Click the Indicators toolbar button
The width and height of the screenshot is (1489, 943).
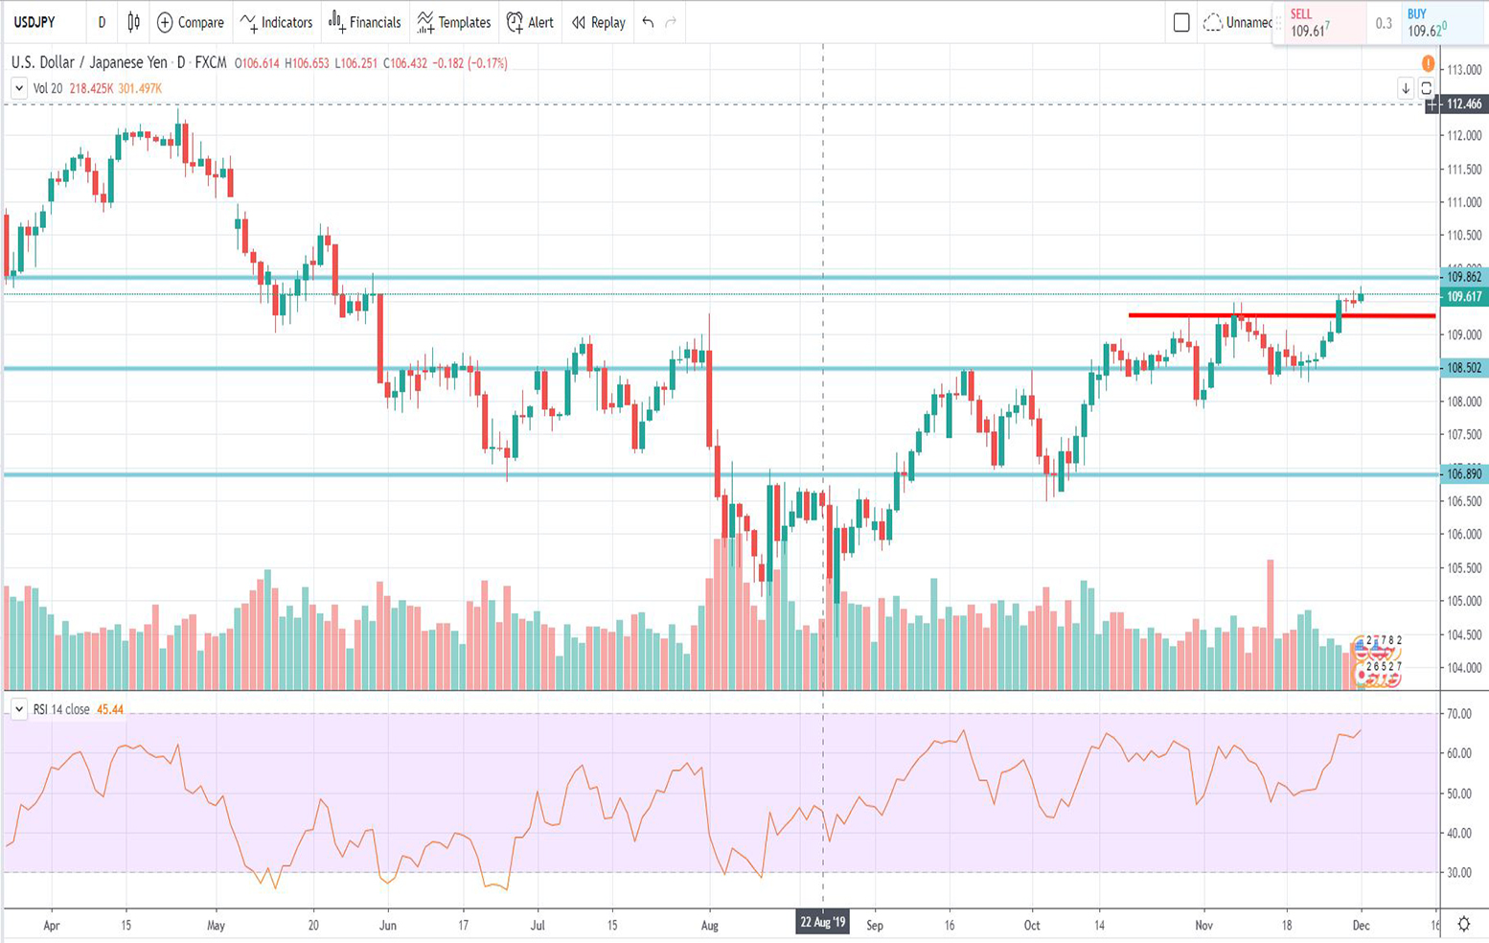tap(276, 22)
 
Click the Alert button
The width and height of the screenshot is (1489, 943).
tap(530, 22)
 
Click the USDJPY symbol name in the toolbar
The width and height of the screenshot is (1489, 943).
tap(34, 22)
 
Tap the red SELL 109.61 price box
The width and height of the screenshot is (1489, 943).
tap(1318, 23)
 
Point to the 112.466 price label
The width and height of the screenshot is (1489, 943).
tap(1464, 103)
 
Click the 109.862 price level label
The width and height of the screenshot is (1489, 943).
tap(1463, 277)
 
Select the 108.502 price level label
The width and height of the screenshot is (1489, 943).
tap(1463, 368)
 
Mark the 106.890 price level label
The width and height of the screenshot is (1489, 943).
tap(1463, 474)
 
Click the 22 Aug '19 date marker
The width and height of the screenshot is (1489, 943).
tap(823, 923)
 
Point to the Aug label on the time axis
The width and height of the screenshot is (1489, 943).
tap(710, 926)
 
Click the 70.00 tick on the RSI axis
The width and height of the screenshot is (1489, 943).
tap(1459, 714)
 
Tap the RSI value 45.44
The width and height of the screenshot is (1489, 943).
tap(110, 710)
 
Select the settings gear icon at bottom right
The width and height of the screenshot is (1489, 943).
tap(1464, 924)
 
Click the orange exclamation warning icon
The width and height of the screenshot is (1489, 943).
tap(1428, 64)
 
